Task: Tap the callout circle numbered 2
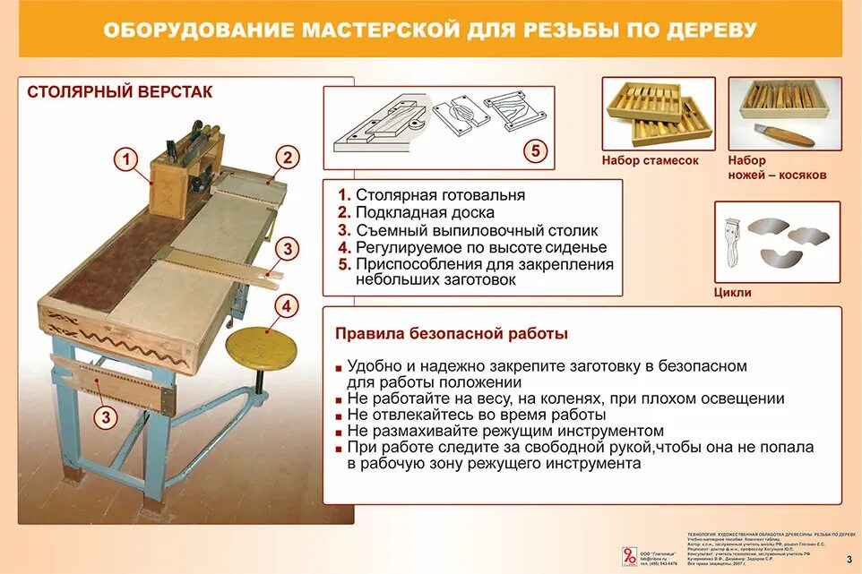pyautogui.click(x=287, y=158)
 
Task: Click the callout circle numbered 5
pyautogui.click(x=535, y=150)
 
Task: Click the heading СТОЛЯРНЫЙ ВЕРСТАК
pyautogui.click(x=119, y=92)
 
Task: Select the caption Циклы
pyautogui.click(x=732, y=292)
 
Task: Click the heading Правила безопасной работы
pyautogui.click(x=451, y=334)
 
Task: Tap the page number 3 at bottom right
pyautogui.click(x=848, y=560)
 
